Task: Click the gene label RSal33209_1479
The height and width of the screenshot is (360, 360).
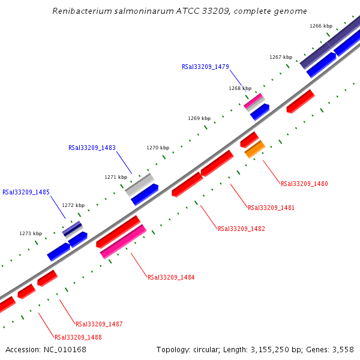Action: pos(205,67)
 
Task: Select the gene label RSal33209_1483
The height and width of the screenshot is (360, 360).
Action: pos(92,148)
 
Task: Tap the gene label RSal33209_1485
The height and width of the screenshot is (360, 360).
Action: pos(26,193)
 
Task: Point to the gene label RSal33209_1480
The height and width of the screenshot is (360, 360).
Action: pos(304,184)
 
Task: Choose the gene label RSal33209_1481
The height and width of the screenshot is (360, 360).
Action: pos(271,208)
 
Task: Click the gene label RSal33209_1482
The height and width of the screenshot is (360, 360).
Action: pos(241,229)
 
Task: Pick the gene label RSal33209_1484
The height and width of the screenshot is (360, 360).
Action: pos(171,277)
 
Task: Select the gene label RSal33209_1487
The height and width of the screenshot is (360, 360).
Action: pos(99,324)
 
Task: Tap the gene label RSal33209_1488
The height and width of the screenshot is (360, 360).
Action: pos(78,337)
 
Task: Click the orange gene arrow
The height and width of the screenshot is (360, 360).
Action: pos(255,149)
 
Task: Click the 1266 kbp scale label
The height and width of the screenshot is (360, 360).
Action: pos(321,26)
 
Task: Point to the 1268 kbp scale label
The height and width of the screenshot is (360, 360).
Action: pos(240,88)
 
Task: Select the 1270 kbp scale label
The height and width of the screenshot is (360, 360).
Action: pos(158,148)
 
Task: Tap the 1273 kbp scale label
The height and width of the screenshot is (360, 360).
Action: pos(31,233)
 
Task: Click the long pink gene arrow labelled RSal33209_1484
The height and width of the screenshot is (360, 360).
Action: pos(123,241)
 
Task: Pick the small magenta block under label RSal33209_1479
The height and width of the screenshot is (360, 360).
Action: pos(253,100)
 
